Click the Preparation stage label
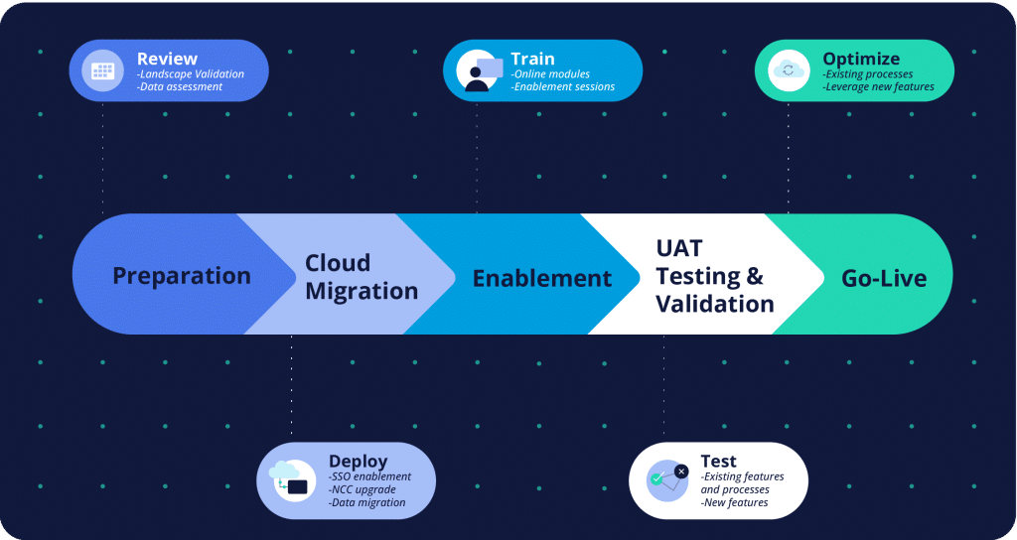tap(182, 276)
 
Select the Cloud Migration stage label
tap(362, 277)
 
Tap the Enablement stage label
tap(541, 278)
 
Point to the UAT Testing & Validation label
tap(715, 276)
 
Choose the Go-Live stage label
tap(883, 279)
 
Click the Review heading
tap(167, 59)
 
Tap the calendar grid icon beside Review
tap(102, 70)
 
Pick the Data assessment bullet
tap(180, 87)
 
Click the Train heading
tap(532, 59)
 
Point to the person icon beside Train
tap(478, 70)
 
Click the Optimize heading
tap(861, 59)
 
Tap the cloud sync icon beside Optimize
tap(789, 70)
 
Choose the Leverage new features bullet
tap(878, 87)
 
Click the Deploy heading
tap(358, 461)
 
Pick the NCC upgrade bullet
tap(362, 489)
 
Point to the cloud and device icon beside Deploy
tap(289, 480)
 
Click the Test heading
tap(718, 461)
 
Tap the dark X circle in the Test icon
tap(681, 472)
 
